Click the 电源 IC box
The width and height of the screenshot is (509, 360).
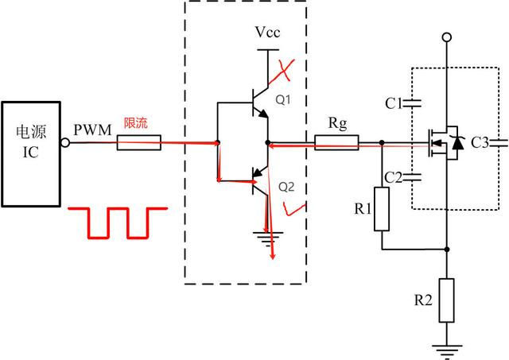[31, 143]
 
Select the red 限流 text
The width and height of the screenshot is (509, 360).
[135, 123]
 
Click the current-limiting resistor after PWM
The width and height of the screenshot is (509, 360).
[139, 144]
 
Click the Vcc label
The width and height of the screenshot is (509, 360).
[267, 33]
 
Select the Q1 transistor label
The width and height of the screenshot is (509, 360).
[283, 100]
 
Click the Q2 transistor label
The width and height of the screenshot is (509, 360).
[286, 188]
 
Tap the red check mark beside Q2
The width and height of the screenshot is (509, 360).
[296, 209]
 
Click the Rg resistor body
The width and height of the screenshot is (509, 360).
[336, 144]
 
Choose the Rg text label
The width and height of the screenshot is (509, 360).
[338, 123]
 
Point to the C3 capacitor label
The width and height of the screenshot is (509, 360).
[480, 144]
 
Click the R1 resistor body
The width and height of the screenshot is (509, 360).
[383, 209]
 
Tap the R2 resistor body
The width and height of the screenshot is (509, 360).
[448, 300]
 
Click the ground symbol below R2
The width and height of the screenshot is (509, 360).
[448, 347]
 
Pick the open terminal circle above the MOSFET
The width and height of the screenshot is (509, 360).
[448, 37]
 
